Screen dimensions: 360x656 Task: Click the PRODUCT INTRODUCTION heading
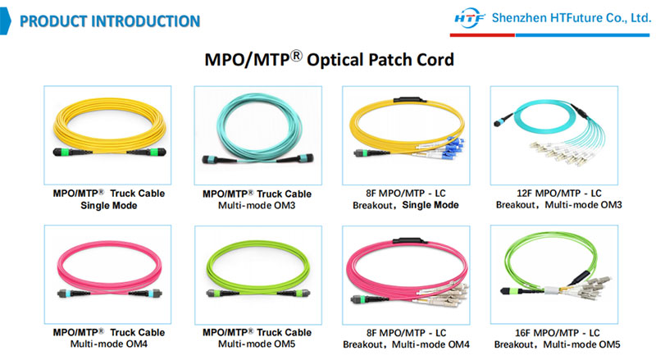tap(109, 20)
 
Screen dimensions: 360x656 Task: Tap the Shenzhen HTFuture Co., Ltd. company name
tap(570, 19)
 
